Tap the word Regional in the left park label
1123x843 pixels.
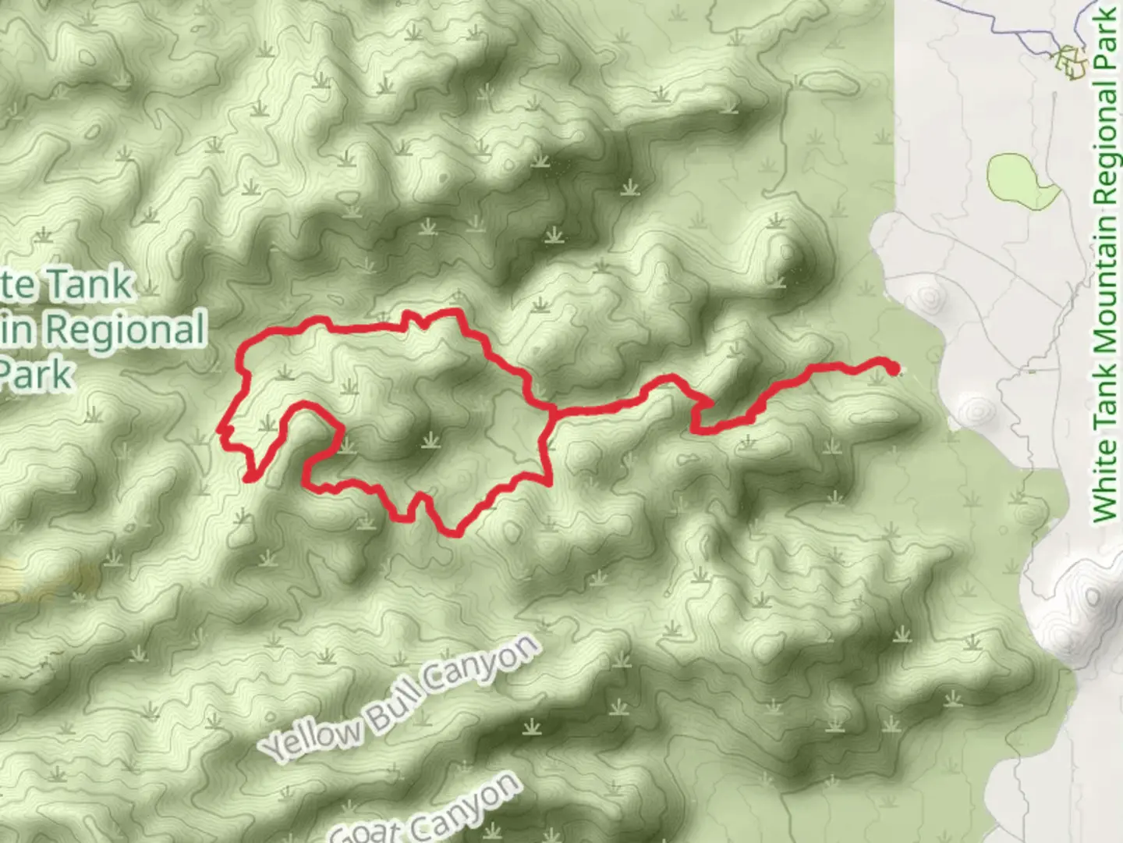(x=125, y=330)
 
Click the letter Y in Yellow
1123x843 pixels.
(x=273, y=751)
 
